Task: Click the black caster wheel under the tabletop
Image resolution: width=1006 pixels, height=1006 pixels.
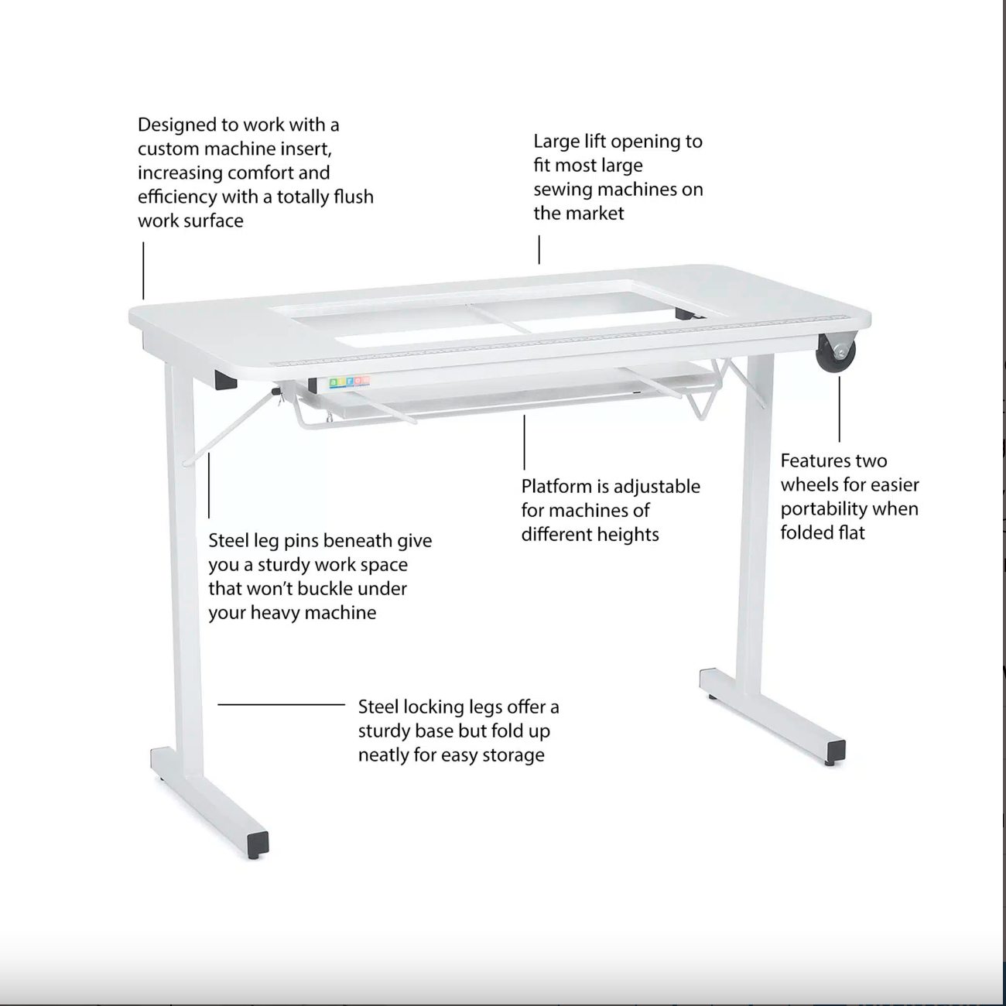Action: (836, 353)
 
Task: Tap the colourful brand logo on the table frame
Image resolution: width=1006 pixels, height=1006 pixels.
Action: (349, 382)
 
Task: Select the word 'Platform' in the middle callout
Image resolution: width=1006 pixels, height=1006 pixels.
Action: (556, 487)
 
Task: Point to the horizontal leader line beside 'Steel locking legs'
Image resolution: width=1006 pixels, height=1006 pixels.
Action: (282, 705)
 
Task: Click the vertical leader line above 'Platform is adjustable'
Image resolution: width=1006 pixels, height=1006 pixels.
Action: (524, 442)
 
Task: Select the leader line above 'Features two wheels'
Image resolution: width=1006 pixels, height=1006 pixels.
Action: (840, 409)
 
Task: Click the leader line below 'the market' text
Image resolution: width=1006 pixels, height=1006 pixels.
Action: (539, 249)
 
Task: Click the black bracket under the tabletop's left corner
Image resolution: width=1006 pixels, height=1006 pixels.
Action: (225, 380)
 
